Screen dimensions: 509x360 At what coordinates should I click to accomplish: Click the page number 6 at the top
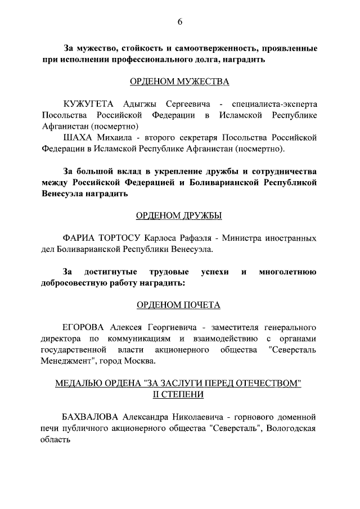pos(180,22)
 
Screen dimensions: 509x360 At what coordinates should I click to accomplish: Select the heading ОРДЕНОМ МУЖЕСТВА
pos(179,82)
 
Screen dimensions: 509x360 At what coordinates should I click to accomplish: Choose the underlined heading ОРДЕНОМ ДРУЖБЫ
pos(179,215)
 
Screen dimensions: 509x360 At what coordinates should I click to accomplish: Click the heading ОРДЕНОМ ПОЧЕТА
pos(179,305)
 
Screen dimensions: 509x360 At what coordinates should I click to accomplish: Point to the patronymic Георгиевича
pos(161,327)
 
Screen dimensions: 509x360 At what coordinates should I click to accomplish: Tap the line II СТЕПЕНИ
pos(179,394)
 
